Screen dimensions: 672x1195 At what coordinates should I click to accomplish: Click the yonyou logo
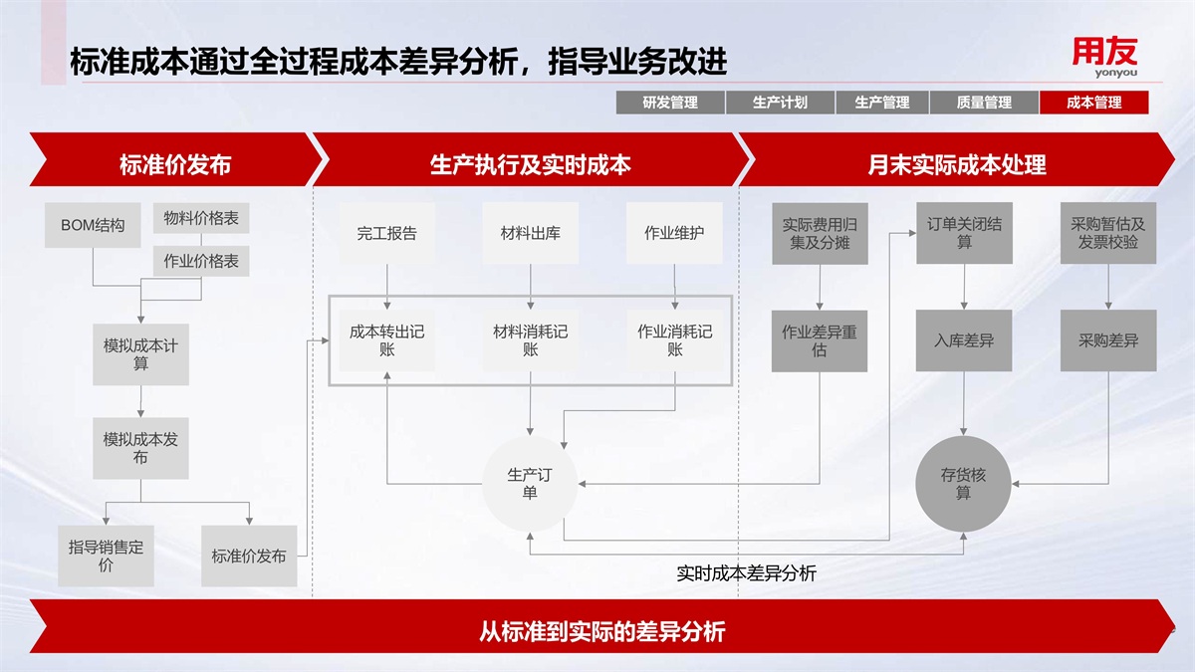tap(1104, 57)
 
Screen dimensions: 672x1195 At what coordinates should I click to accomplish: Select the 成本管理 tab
tap(1093, 103)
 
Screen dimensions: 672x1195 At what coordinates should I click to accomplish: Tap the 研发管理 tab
tap(669, 103)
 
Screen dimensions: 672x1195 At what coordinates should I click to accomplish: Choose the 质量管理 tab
tap(983, 103)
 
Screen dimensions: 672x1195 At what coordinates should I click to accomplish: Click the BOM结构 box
tap(93, 225)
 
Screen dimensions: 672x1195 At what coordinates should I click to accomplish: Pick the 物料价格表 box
tap(201, 218)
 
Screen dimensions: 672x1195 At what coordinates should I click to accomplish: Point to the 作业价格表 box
tap(201, 261)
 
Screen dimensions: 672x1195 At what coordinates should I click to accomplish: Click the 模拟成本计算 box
tap(140, 354)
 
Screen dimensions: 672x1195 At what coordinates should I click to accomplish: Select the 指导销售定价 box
tap(107, 556)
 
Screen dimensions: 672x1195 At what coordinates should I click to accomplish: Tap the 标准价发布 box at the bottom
tap(249, 556)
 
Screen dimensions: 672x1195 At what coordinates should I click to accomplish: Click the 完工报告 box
tap(386, 234)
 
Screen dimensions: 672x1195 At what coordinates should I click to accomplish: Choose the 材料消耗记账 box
tap(530, 339)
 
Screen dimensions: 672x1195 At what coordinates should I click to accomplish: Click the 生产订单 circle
tap(530, 483)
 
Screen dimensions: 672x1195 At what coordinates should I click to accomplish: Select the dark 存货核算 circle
tap(963, 483)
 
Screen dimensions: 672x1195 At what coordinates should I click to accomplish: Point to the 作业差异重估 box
tap(820, 340)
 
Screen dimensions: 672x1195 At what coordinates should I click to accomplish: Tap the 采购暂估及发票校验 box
tap(1108, 234)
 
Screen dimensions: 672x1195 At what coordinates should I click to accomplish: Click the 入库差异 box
tap(963, 340)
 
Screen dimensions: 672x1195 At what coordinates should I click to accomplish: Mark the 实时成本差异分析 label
tap(746, 573)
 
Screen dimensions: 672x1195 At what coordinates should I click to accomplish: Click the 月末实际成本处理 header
tap(956, 163)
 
